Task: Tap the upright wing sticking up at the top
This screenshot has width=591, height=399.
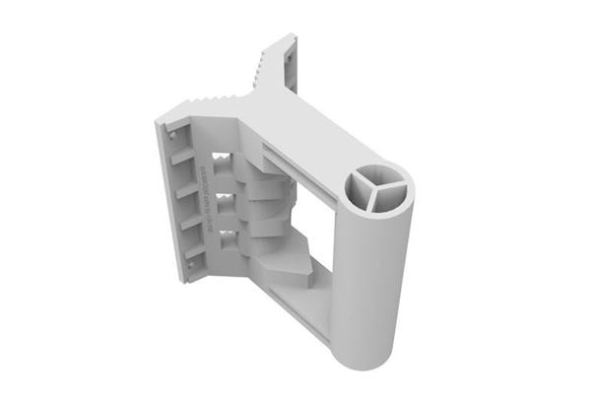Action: tap(281, 59)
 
